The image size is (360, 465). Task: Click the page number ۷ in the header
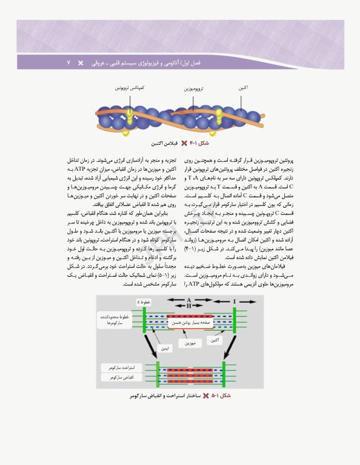pyautogui.click(x=68, y=63)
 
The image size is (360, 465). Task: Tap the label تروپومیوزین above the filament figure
pyautogui.click(x=193, y=88)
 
